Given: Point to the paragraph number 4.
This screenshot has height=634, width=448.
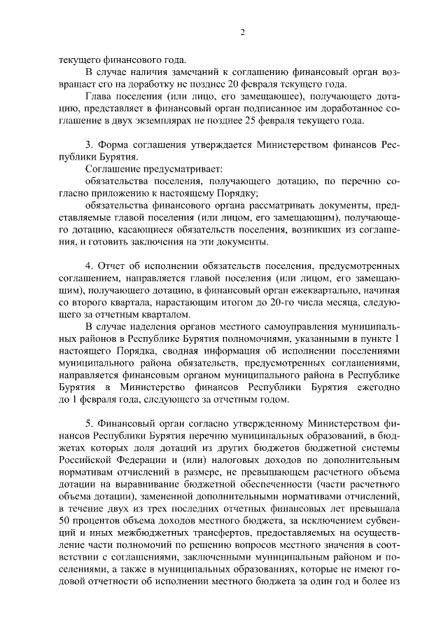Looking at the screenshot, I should click(90, 266).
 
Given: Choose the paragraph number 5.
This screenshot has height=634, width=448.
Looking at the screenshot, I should click(90, 425).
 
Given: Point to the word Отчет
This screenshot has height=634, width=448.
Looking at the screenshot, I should click(114, 266).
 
